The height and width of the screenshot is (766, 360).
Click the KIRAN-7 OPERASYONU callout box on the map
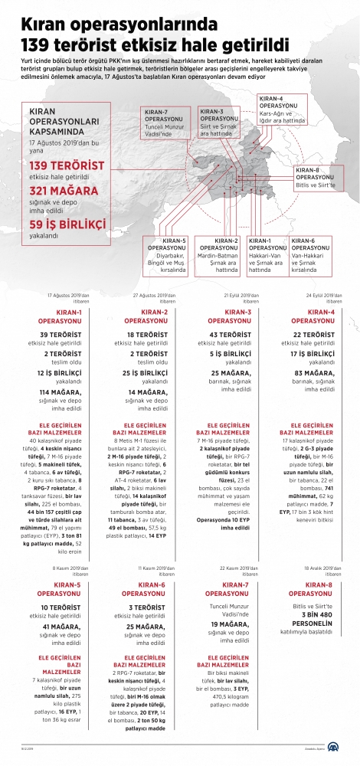(x=163, y=123)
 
